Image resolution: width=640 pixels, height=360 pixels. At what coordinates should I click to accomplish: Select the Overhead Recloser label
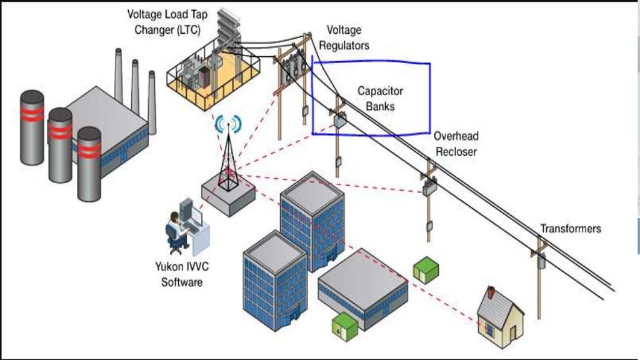pyautogui.click(x=455, y=143)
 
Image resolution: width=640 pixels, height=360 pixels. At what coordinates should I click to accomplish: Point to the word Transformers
pyautogui.click(x=570, y=229)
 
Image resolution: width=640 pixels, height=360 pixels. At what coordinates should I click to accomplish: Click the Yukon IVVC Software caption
pyautogui.click(x=182, y=273)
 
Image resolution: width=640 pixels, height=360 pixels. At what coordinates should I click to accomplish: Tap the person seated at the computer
pyautogui.click(x=176, y=231)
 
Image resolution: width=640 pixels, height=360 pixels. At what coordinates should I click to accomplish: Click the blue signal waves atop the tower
pyautogui.click(x=227, y=124)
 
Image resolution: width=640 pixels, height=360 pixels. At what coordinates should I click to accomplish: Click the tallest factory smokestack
pyautogui.click(x=119, y=75)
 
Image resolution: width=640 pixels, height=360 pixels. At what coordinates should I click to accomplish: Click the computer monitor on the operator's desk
pyautogui.click(x=195, y=216)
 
